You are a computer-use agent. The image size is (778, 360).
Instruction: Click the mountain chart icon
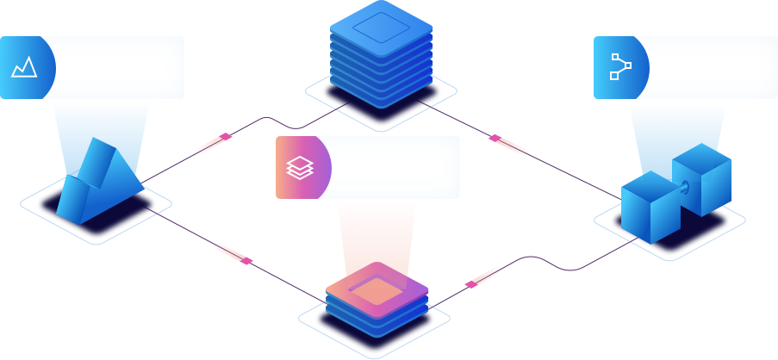pos(23,67)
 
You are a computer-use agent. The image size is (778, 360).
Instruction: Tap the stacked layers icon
pos(298,167)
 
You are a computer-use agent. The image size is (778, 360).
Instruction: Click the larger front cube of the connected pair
pos(650,208)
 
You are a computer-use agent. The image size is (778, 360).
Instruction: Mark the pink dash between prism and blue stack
pos(213,144)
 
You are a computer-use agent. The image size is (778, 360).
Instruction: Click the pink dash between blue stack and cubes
pos(508,146)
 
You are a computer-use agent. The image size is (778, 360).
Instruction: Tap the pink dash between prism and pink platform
pos(231,251)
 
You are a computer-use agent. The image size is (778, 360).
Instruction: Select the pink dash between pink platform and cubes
pos(483,276)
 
